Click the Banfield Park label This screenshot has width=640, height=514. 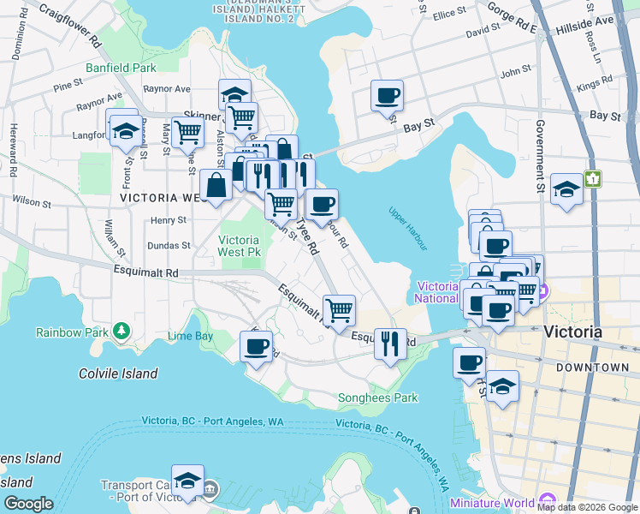point(121,67)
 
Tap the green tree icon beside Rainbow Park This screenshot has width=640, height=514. point(121,331)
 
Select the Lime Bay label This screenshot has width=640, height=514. point(190,336)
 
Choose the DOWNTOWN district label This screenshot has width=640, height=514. point(592,368)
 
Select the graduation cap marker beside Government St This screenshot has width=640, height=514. point(566,188)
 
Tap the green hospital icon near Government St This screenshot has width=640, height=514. point(593,179)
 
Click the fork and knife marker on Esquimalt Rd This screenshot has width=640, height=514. point(390,344)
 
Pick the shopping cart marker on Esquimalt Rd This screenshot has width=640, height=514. point(340,309)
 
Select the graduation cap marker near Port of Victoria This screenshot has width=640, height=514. point(187,480)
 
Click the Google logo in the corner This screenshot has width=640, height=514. point(28,504)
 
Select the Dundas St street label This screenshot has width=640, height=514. point(169,245)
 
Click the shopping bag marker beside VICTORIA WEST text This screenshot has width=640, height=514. point(216,184)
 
